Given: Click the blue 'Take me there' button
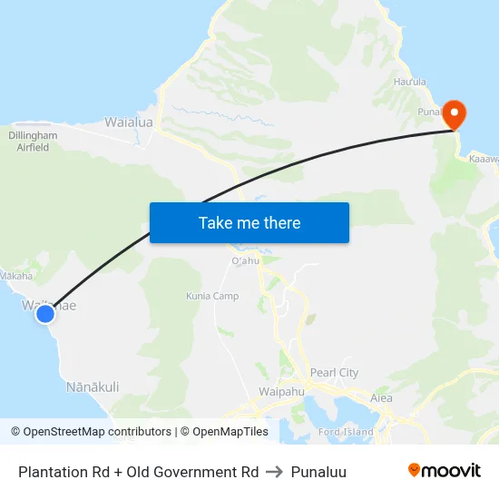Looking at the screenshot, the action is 249,222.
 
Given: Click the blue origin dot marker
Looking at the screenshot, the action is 44,314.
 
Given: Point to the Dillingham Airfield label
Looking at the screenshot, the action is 33,141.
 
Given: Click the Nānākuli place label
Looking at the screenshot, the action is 93,386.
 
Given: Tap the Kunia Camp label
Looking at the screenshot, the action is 212,296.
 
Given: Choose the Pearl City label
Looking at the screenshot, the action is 334,372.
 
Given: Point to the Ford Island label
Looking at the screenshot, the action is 347,432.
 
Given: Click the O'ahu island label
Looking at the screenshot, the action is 246,260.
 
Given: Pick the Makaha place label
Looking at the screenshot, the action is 16,276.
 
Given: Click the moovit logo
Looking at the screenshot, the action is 444,470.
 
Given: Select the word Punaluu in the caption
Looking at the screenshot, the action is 318,472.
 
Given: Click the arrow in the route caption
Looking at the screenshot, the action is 274,472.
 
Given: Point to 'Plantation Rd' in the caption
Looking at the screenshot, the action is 60,472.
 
